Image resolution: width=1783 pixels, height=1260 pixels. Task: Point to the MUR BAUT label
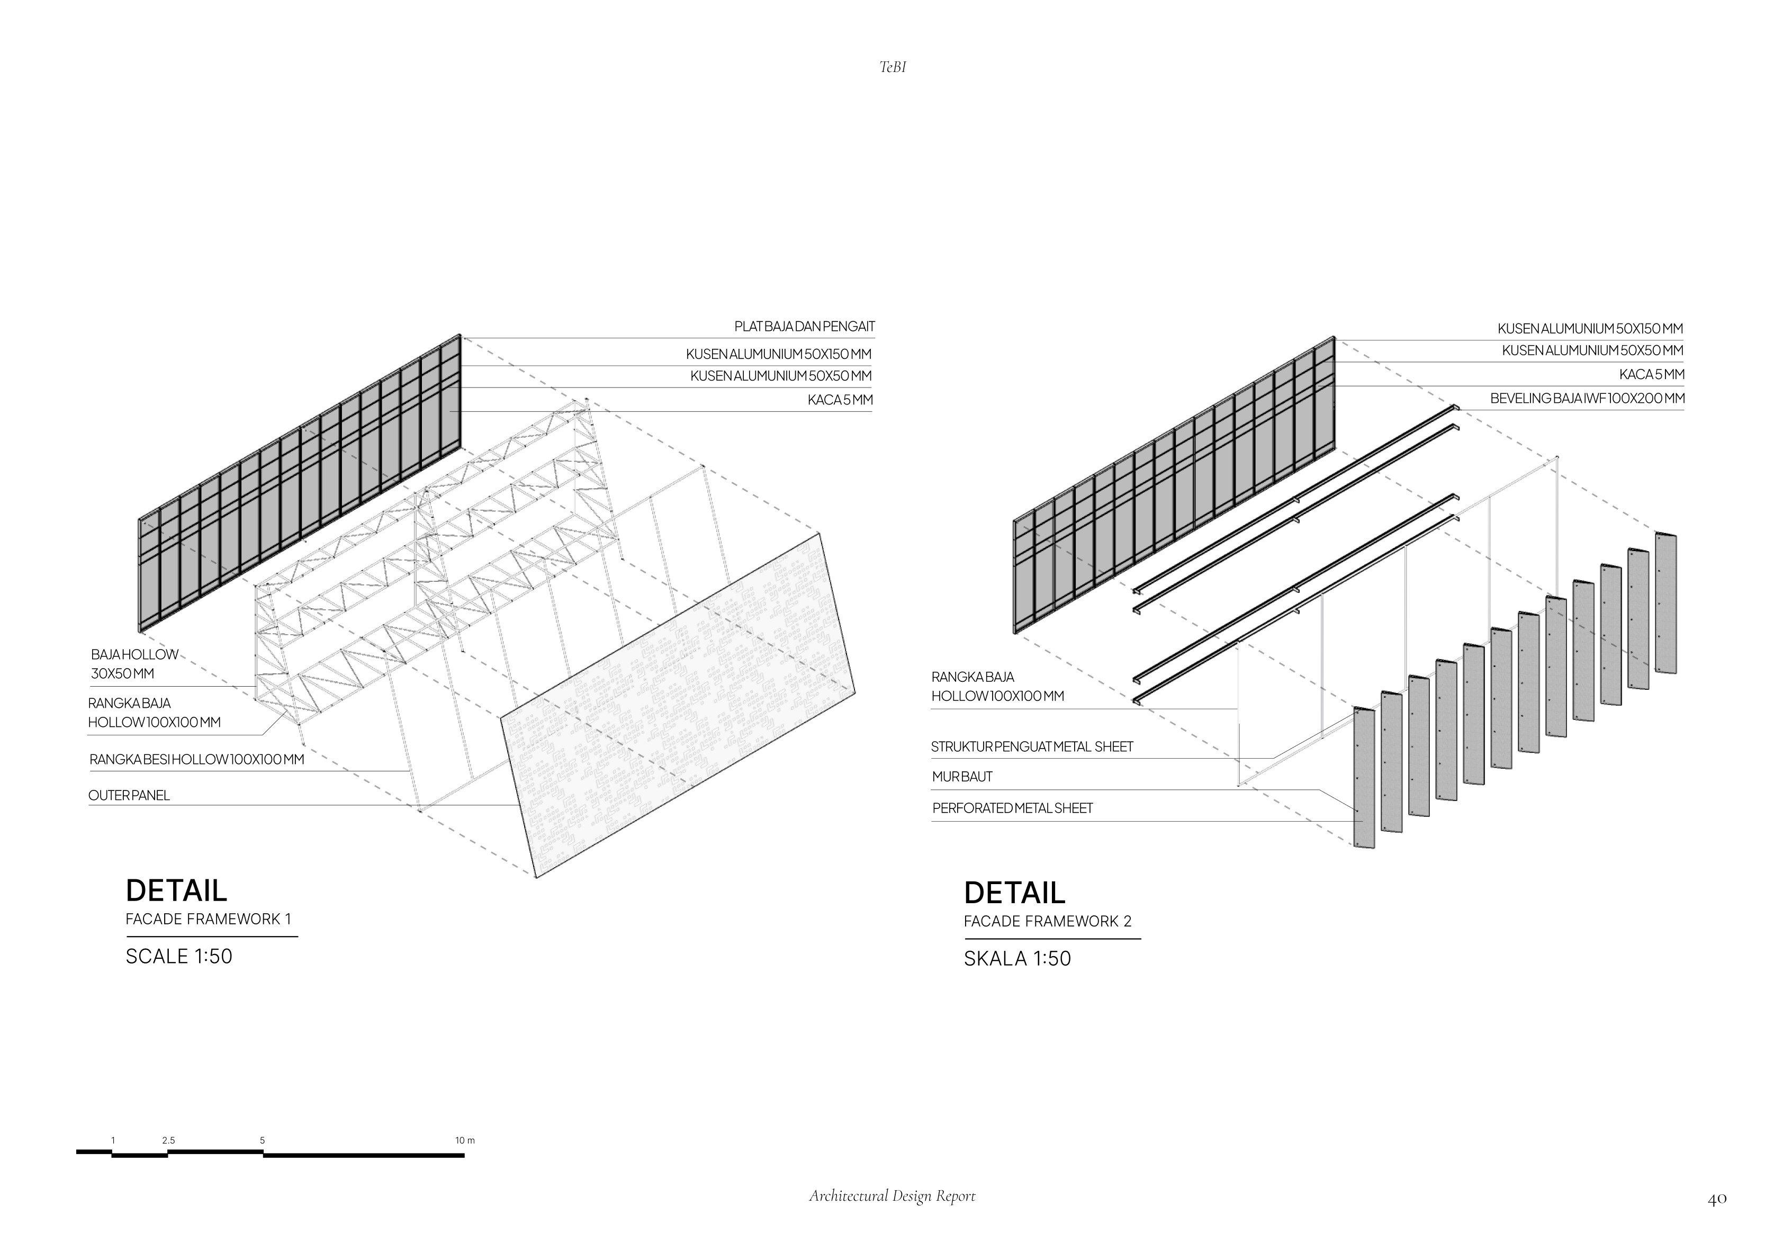[x=962, y=777]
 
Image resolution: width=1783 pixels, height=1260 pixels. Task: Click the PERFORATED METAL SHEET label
[x=1012, y=808]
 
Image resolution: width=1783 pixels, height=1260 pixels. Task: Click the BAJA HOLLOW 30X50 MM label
[x=133, y=664]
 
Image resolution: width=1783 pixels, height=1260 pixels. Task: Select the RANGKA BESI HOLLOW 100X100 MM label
[x=196, y=760]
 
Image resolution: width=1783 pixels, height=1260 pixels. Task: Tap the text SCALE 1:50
[x=178, y=956]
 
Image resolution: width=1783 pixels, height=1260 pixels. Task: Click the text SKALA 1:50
[x=1017, y=959]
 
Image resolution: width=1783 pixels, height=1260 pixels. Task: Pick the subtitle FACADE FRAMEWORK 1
[x=208, y=919]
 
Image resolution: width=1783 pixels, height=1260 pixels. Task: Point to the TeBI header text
[x=892, y=68]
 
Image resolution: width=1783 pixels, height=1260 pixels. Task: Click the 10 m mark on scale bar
[x=464, y=1140]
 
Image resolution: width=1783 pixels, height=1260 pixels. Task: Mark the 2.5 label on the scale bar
[x=168, y=1140]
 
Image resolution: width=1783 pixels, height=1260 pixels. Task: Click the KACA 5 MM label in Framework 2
[x=1651, y=374]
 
